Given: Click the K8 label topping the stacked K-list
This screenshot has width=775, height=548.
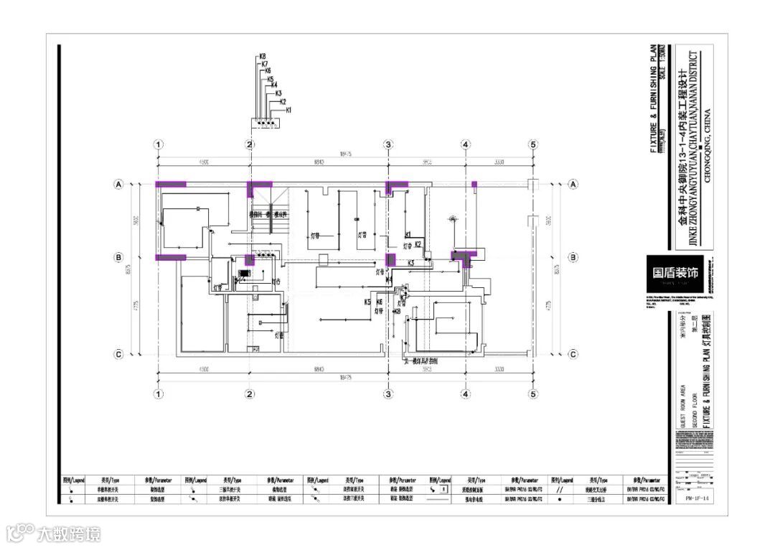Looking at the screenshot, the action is pos(263,56).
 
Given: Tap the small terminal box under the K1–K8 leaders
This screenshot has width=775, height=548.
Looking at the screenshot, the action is pos(266,124).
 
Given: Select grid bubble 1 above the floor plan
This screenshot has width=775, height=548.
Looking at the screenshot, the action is pos(159,144).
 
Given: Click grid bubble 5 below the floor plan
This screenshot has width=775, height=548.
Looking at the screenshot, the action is pos(533,394).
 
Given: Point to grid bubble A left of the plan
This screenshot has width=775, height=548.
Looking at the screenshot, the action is pos(119,185).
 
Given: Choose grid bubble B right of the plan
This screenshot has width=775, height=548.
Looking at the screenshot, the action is pos(573,257).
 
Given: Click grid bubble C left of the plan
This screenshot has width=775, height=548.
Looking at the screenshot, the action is pos(119,353).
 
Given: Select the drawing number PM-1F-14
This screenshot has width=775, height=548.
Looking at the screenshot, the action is pos(693,496).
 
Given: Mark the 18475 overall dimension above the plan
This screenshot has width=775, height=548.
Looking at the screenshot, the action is pos(346,153).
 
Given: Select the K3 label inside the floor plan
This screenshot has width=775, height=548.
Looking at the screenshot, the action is pos(411,264).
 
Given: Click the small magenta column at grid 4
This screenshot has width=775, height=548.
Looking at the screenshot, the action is pos(474,185).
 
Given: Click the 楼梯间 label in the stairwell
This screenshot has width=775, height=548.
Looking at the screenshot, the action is pos(255,214).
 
